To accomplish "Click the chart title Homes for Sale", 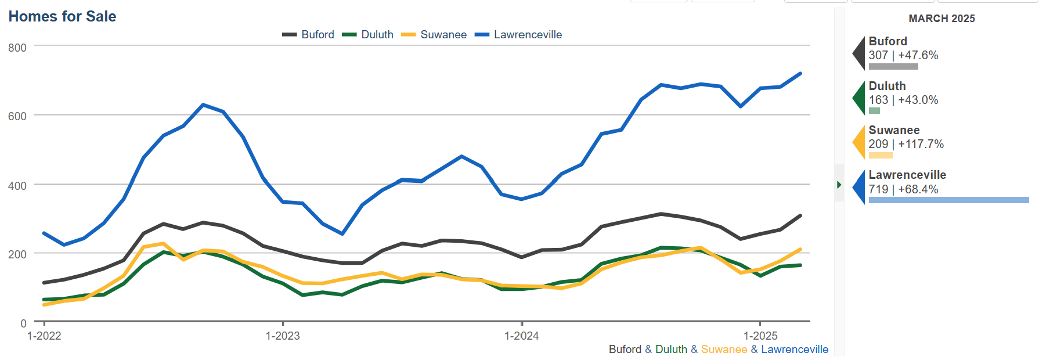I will [62, 16].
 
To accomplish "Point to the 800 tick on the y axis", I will [17, 48].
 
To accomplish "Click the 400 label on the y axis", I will [17, 186].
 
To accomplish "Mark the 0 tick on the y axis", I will [23, 323].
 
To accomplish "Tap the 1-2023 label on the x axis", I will [283, 336].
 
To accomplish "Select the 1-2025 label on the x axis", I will [760, 336].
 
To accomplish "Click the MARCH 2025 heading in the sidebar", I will [941, 19].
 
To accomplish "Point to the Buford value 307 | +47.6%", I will [903, 55].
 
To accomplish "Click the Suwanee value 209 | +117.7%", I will [906, 144].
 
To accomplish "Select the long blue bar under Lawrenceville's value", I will [948, 200].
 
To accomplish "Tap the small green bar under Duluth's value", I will [874, 111].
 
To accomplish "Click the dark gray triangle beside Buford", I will [860, 53].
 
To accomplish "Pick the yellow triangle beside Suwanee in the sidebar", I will [860, 142].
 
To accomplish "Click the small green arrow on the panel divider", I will [839, 185].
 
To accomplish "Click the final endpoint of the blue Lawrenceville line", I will [800, 74].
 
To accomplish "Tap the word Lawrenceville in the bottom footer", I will [795, 350].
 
